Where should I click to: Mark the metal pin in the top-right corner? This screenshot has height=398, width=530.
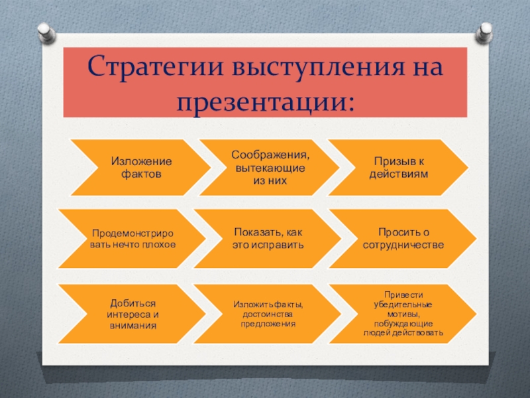coord(484,32)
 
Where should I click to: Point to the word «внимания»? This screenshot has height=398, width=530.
coord(132,326)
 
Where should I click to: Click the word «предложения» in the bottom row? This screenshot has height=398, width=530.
coord(268,324)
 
